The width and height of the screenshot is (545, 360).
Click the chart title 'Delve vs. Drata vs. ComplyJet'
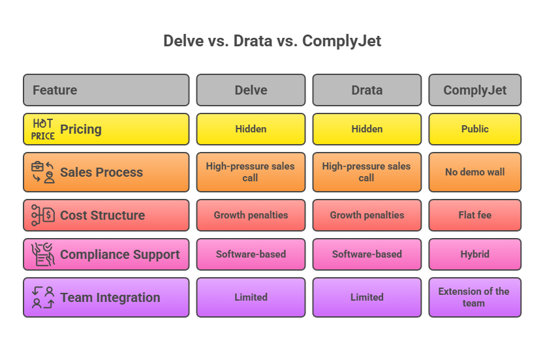(272, 41)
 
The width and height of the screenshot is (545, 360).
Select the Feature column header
(106, 90)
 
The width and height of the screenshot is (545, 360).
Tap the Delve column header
(251, 90)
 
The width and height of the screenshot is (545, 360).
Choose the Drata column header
(367, 90)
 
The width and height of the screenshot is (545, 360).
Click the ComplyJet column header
(475, 90)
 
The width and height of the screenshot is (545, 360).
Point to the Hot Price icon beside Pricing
(43, 129)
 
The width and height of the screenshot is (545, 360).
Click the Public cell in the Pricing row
(475, 129)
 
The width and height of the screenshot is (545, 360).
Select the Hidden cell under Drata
(367, 129)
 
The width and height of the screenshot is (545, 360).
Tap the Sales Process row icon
(43, 172)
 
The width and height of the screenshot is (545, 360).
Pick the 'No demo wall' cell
(475, 172)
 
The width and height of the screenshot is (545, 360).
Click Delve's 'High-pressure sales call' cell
(251, 172)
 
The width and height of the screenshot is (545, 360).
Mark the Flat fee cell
(475, 215)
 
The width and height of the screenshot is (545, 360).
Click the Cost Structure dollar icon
(43, 215)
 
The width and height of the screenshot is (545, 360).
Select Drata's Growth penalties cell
(367, 215)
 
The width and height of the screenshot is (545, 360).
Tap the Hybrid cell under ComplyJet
(475, 254)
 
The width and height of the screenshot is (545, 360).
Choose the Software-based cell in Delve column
(251, 254)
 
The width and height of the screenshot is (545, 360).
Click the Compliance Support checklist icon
(43, 254)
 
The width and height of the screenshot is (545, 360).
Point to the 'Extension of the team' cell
(475, 297)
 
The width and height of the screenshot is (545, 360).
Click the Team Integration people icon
(43, 297)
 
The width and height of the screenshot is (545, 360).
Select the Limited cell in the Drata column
(367, 297)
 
